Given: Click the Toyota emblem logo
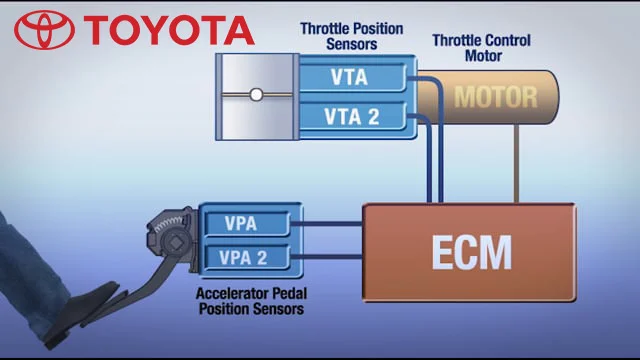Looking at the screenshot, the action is click(x=43, y=30).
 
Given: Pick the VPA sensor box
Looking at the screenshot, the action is click(x=243, y=223).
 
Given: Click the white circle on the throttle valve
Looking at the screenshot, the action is click(x=256, y=96).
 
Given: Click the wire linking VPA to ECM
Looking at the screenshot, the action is click(x=330, y=223).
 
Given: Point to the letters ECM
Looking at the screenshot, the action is click(x=471, y=253).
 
